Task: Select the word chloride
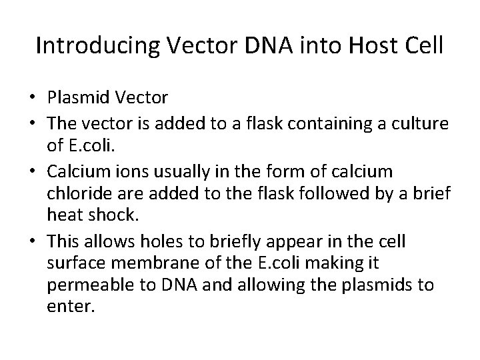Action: pyautogui.click(x=77, y=193)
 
